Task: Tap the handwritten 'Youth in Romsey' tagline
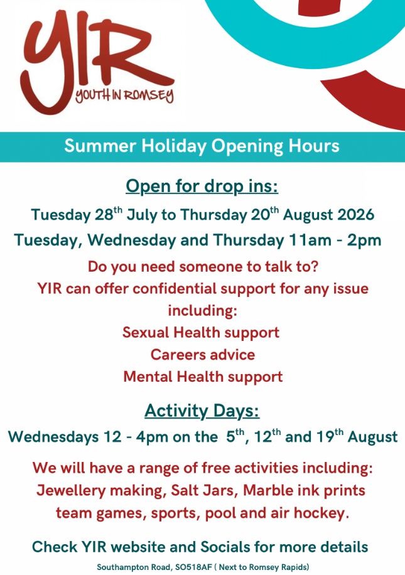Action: (x=124, y=95)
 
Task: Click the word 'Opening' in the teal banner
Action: (x=247, y=146)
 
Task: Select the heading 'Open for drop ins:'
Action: (x=202, y=186)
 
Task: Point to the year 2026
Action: (x=355, y=215)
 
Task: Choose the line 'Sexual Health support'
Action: (x=201, y=333)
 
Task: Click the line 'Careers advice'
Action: (x=202, y=355)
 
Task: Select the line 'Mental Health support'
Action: (x=203, y=377)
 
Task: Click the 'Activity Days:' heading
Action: (x=202, y=411)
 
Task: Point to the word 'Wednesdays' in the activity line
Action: (x=53, y=437)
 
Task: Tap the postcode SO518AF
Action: (x=193, y=567)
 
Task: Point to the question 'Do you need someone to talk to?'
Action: (x=203, y=267)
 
